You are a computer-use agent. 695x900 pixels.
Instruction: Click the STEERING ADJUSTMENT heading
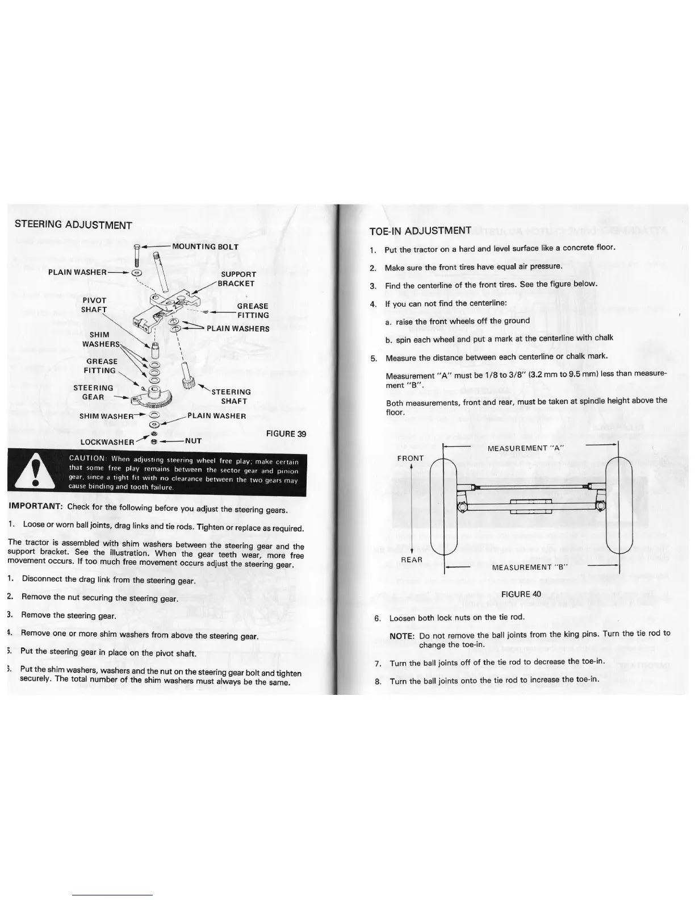73,225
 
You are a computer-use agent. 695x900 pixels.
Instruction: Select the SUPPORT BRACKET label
238,279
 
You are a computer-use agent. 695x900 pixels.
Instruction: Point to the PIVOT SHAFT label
94,305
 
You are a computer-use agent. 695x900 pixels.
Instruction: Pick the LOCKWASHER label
107,441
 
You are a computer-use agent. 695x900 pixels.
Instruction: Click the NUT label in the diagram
193,440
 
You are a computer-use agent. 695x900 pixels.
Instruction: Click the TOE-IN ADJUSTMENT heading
420,230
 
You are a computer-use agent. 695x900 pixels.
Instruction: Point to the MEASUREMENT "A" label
525,448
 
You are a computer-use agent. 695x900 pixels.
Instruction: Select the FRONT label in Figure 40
410,458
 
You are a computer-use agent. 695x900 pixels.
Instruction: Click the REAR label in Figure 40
412,560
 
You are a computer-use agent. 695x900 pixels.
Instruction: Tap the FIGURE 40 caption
521,594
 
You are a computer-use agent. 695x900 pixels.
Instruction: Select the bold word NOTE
402,636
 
